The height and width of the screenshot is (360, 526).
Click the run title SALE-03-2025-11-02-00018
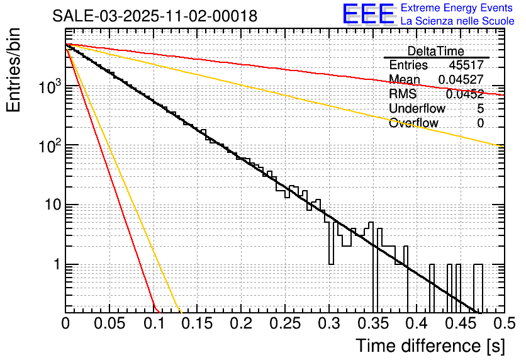click(155, 16)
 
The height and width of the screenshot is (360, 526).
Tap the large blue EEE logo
click(369, 14)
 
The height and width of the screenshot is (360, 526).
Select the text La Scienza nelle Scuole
click(457, 21)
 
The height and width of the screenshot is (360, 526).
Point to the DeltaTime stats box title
click(436, 51)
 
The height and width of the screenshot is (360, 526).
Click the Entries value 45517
click(466, 65)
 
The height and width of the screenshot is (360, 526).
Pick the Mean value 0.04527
click(461, 80)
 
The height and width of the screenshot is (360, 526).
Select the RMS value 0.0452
click(464, 94)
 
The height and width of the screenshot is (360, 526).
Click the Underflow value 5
click(481, 109)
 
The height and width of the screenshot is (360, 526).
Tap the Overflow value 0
click(481, 123)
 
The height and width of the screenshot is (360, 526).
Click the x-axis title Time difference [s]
click(430, 346)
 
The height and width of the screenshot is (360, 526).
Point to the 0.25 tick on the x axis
click(284, 324)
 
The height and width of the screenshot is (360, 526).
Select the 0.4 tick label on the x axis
click(415, 324)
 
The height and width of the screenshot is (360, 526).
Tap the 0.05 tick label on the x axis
click(109, 324)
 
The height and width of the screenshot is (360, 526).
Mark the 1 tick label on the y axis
click(55, 265)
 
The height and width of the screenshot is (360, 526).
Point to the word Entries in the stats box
click(408, 65)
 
